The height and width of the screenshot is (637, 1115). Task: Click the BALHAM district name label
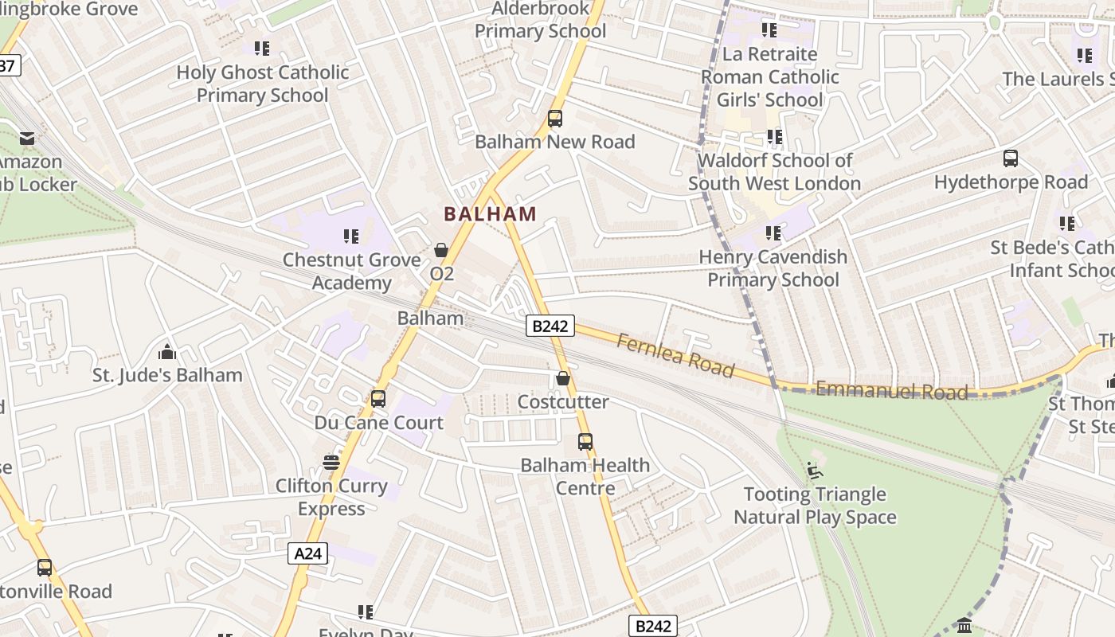pos(490,214)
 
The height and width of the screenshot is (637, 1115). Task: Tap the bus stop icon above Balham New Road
pos(555,119)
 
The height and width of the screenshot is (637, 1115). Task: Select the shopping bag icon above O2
pos(441,250)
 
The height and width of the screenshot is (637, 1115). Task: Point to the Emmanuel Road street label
pos(892,390)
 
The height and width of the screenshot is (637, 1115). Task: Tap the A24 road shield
pos(307,553)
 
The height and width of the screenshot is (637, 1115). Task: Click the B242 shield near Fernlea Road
pos(550,326)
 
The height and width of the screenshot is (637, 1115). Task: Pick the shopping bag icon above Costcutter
pos(563,378)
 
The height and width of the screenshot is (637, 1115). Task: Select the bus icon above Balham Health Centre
pos(585,441)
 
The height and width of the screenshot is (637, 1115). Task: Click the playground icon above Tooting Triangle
pos(815,471)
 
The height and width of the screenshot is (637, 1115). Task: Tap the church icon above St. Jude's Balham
pos(167,351)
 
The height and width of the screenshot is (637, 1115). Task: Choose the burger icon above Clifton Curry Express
pos(331,462)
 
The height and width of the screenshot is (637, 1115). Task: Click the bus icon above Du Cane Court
pos(378,398)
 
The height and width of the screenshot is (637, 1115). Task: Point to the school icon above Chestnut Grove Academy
pos(351,236)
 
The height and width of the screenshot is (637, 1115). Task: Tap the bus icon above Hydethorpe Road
pos(1011,158)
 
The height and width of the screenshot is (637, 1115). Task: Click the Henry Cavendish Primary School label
pos(773,268)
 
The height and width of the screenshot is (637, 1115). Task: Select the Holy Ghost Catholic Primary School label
pos(263,84)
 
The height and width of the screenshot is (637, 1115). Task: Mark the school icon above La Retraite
pos(769,30)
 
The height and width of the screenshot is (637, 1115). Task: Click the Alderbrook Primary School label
pos(541,21)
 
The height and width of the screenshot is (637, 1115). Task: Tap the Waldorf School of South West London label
pos(774,172)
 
